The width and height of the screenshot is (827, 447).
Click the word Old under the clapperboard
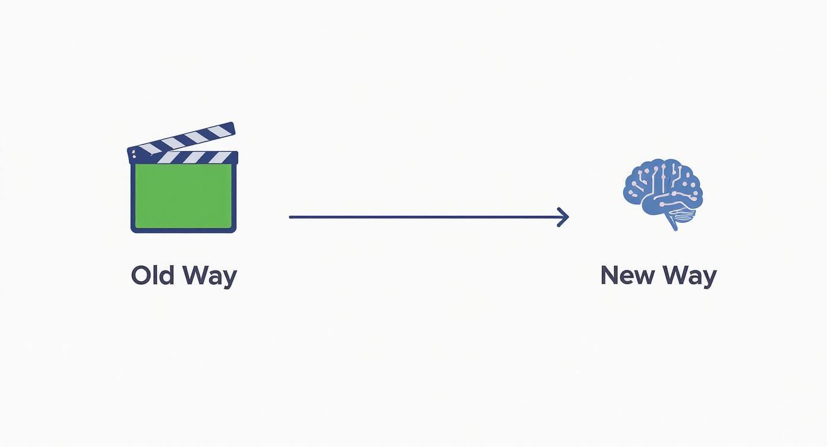(153, 275)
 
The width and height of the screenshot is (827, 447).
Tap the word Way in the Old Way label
(209, 276)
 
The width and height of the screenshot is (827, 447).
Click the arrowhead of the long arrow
(564, 217)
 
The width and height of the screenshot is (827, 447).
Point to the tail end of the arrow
(291, 217)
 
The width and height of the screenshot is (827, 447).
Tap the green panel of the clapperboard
(184, 196)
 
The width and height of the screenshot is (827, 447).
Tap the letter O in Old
(140, 275)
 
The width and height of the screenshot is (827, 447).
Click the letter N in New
(610, 275)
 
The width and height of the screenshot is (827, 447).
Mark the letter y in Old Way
(230, 279)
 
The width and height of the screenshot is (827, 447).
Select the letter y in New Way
(709, 279)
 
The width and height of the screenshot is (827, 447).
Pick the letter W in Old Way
(196, 275)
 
